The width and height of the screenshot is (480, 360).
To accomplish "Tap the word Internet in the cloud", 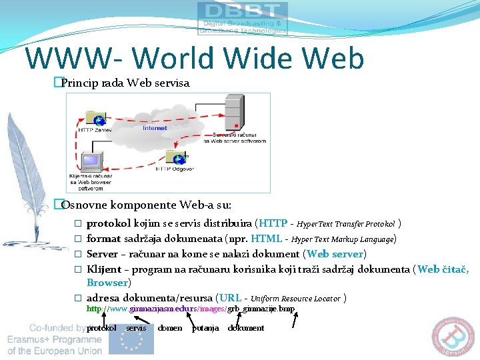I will point(155,127).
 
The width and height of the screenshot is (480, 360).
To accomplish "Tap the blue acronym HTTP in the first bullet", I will point(273,223).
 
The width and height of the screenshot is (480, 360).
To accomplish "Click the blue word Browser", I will point(107,282).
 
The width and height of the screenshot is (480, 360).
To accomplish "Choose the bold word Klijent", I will point(104,269).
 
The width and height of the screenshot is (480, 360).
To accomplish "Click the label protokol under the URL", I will point(101,328).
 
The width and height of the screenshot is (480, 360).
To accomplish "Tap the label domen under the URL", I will point(169,328).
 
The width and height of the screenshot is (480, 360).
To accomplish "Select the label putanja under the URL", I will point(205,328).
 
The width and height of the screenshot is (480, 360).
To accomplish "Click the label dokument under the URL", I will point(246,328).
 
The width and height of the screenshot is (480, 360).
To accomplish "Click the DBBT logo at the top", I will point(243,18).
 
